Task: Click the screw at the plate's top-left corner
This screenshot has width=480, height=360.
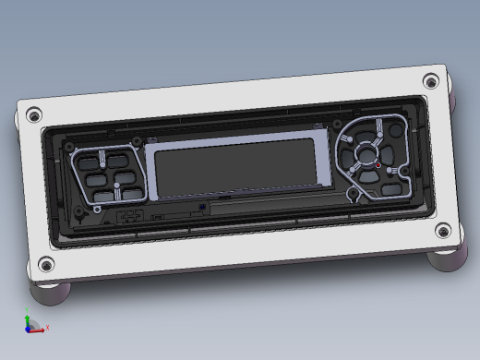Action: pos(34,115)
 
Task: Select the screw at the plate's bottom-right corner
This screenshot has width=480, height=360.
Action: pos(443,231)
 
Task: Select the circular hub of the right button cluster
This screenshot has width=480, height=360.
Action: pos(366,154)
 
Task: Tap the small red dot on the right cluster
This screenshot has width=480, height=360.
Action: pos(378,165)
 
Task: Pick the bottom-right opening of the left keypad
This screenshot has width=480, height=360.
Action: pos(133,193)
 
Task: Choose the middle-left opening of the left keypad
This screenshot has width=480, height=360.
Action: pos(94,178)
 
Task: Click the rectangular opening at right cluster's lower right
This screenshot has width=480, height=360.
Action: pos(395,186)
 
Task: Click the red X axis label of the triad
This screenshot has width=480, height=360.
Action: pos(47,328)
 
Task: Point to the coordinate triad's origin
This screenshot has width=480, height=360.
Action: pos(30,328)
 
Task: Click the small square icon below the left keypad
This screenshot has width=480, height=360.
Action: pos(130,216)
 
